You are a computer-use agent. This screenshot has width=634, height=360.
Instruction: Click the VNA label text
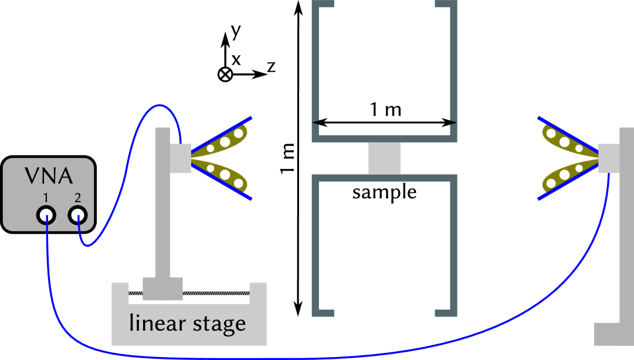coord(49,175)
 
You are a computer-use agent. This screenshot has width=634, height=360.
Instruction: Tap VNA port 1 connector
coord(46,216)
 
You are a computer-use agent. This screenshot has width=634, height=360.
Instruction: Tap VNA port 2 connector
coord(77,216)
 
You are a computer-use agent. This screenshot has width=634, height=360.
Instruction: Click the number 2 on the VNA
coord(77,198)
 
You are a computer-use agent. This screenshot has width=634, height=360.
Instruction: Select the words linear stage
coord(187,323)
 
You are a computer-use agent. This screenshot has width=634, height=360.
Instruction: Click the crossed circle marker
coord(225,74)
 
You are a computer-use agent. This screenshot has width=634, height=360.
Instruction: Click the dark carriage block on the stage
coord(162,288)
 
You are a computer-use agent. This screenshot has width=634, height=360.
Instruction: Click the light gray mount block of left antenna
coord(181,158)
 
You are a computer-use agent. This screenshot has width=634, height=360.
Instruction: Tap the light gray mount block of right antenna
coord(609,158)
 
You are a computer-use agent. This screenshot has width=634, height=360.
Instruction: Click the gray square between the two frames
coord(384,158)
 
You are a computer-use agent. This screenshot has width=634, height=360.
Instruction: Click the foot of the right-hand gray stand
coord(613,334)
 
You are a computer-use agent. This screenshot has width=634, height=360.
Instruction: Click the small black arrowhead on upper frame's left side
coord(316,122)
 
